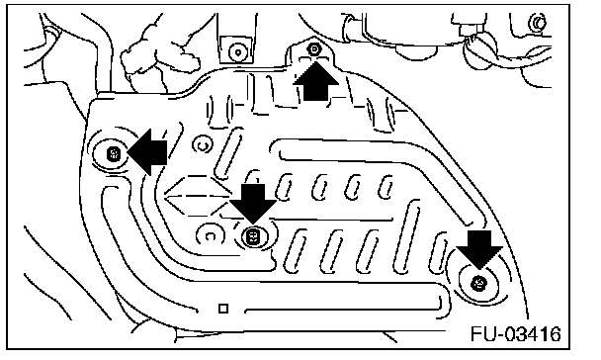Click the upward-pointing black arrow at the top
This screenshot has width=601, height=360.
click(316, 81)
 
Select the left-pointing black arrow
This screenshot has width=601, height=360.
click(147, 152)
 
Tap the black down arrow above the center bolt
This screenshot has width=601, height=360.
click(253, 203)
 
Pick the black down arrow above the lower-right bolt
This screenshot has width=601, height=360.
click(479, 249)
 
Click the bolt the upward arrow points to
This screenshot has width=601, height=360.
click(314, 49)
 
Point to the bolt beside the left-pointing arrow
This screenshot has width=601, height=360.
click(113, 154)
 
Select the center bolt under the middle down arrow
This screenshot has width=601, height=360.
click(253, 236)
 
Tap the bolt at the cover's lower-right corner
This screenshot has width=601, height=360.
click(478, 283)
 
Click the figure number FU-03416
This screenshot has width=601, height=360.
click(516, 334)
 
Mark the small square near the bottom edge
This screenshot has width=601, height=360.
click(223, 309)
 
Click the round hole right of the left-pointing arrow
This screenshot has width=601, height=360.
click(203, 145)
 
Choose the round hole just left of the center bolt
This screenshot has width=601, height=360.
click(210, 235)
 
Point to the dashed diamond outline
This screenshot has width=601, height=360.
click(197, 196)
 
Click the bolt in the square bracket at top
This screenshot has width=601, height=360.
click(237, 51)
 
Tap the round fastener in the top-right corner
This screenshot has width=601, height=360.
click(538, 23)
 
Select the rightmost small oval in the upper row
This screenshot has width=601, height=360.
click(386, 187)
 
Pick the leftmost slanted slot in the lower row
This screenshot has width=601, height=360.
click(295, 249)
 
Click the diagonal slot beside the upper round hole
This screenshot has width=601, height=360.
click(228, 153)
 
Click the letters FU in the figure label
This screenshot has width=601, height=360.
click(483, 334)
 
